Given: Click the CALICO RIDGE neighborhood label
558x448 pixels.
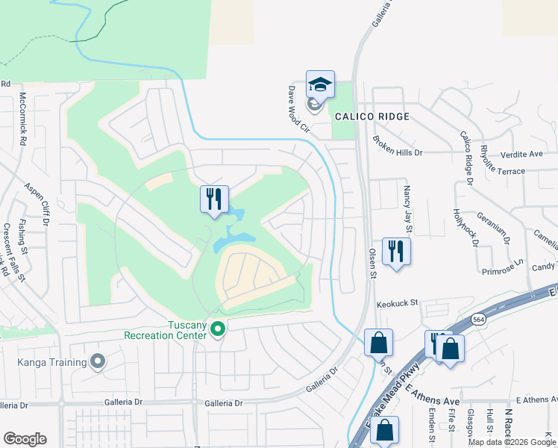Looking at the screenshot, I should tap(372, 116).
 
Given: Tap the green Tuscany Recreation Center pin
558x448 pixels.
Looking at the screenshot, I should tap(218, 329).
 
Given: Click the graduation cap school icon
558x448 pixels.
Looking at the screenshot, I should tap(320, 85).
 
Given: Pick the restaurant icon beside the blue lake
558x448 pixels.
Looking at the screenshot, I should tap(214, 199).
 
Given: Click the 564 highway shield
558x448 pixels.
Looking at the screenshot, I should tap(478, 319).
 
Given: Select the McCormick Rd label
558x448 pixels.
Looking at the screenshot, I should tap(23, 119).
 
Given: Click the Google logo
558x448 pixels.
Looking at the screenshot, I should tap(25, 439).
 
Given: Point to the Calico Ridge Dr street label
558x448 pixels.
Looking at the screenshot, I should tap(467, 158).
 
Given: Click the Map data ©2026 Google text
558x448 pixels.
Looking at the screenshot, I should tap(511, 442).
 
